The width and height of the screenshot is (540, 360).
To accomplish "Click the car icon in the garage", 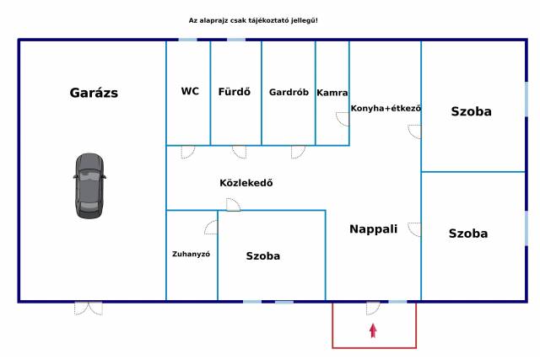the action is click(x=89, y=185).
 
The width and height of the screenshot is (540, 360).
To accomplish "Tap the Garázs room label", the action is click(x=94, y=93).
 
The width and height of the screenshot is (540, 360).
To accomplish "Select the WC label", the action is click(x=190, y=91).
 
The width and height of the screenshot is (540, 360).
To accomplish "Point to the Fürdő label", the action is click(x=235, y=92).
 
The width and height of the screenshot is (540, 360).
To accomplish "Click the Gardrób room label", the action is click(x=289, y=92).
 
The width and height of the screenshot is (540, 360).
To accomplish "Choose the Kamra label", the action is click(x=332, y=93).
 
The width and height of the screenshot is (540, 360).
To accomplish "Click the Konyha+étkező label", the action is click(x=386, y=108).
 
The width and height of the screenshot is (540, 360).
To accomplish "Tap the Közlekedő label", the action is click(x=246, y=183).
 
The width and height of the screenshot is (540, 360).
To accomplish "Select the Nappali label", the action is click(x=373, y=228).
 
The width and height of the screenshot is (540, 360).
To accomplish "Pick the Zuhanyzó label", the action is click(x=192, y=254).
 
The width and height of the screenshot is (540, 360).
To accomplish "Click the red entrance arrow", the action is click(x=373, y=330).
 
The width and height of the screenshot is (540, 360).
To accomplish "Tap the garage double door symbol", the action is click(x=89, y=309).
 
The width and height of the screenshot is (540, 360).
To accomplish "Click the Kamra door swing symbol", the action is click(x=343, y=119).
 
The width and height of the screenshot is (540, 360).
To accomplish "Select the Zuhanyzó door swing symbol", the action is click(x=211, y=227).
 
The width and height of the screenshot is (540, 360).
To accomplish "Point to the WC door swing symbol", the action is click(x=188, y=152).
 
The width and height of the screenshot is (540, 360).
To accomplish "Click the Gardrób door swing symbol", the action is click(x=298, y=152).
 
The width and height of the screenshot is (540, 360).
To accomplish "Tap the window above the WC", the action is click(x=187, y=40).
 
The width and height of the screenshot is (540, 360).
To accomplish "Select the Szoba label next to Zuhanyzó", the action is click(x=262, y=256).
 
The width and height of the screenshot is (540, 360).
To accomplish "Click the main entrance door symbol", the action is click(x=373, y=309).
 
